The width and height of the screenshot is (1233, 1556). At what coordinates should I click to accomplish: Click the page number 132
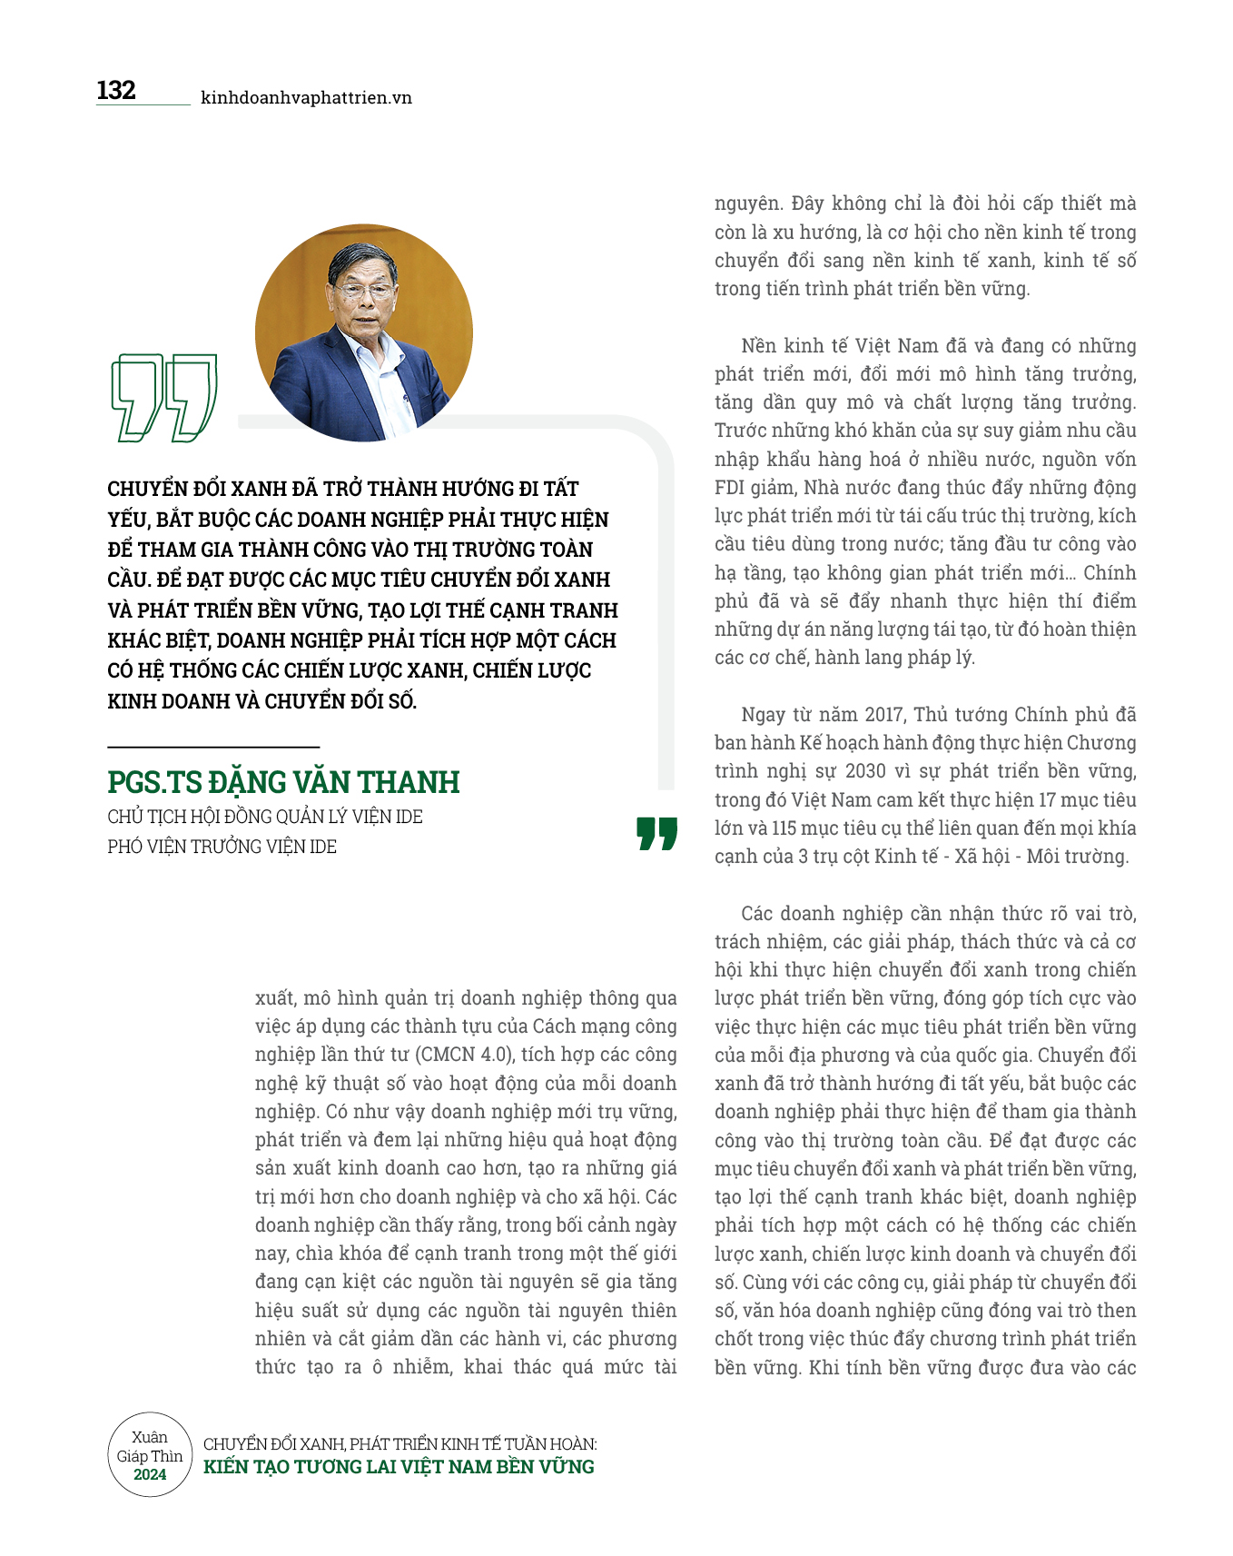pos(116,91)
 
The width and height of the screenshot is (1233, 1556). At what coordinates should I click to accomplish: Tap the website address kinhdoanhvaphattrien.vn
pos(306,98)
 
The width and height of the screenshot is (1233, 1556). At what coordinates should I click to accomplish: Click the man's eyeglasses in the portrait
pos(365,292)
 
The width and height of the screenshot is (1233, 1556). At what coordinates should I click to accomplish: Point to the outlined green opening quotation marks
pos(163,397)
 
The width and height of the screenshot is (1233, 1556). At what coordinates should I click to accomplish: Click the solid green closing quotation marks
pos(656,833)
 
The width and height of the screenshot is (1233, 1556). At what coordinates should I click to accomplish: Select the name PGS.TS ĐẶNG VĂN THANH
pos(283,782)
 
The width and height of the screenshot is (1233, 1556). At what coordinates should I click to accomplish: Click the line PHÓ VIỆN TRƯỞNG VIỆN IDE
pos(222,847)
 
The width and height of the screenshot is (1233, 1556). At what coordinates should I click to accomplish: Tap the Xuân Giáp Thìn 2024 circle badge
pos(150,1454)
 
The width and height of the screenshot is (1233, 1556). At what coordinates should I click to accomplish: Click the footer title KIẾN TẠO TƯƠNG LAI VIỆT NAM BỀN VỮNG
pos(399,1467)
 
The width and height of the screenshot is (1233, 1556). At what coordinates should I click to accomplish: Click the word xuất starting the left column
pos(274,998)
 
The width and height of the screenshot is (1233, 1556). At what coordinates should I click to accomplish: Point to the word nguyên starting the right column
pos(748,203)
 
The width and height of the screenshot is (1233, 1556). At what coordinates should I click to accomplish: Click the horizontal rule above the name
pos(213,747)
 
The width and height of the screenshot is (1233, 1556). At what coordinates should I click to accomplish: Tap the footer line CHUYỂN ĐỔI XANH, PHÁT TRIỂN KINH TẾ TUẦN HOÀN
pos(399,1443)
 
